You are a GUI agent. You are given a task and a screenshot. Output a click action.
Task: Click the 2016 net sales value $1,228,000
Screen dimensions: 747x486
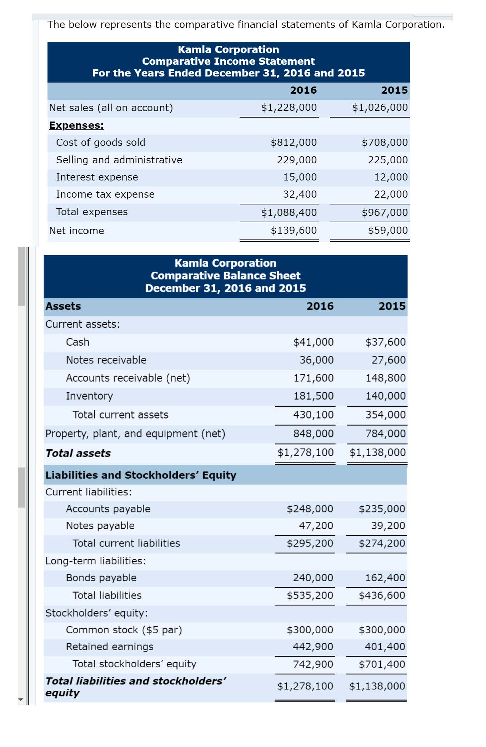289,108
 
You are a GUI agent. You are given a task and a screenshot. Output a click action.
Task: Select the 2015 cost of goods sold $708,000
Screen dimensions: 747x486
385,143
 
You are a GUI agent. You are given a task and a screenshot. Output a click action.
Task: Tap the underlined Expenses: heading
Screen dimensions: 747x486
76,125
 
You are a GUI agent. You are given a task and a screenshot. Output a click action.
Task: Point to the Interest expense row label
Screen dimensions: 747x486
97,177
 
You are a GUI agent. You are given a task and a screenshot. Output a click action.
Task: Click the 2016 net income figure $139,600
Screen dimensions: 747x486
294,231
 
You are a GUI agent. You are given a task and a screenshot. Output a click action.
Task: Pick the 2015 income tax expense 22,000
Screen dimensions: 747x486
391,194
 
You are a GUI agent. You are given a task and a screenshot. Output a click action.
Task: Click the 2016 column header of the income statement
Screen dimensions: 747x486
303,90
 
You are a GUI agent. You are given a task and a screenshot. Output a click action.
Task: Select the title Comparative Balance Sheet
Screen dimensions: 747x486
225,276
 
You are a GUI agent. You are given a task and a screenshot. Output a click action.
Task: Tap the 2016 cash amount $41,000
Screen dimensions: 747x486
313,342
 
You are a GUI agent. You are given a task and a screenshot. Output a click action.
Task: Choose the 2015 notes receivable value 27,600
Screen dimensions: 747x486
389,360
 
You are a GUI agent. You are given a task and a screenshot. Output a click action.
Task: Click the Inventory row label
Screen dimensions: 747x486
89,396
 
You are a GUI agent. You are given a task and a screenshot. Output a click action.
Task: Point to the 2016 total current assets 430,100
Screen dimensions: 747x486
313,415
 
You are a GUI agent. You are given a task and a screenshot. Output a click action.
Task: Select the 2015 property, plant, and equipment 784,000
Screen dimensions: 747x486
385,434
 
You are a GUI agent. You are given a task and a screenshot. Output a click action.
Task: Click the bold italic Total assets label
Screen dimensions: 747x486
78,453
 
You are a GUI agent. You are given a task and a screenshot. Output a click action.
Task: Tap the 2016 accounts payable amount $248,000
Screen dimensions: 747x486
310,509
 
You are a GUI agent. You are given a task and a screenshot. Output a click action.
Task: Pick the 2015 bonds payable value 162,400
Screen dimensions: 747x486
385,578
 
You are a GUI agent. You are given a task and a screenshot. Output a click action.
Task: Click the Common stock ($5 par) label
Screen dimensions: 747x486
124,630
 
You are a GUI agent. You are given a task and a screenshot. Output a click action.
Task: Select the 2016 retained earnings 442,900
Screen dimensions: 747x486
313,647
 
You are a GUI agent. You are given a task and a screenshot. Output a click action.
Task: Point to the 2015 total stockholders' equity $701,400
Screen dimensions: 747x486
382,664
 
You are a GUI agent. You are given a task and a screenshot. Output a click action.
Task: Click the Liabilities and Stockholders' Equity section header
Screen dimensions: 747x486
141,475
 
